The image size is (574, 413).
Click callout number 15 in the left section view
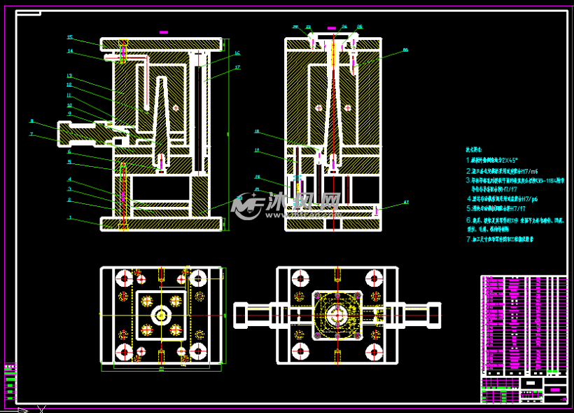[69, 37]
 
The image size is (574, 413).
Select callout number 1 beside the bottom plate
[70, 217]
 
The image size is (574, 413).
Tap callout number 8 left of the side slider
[31, 121]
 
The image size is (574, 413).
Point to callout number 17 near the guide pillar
[237, 67]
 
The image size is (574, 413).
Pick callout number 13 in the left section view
[69, 75]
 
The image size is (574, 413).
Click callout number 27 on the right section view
[406, 203]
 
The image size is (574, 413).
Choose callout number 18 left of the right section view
[257, 131]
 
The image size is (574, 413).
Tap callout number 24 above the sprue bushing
[344, 27]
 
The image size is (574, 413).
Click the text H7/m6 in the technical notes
[527, 171]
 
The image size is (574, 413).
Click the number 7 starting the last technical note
[468, 239]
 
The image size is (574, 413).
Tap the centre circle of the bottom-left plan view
[161, 315]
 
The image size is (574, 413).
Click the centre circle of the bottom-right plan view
[337, 316]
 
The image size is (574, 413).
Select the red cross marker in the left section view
[176, 107]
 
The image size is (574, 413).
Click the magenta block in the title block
[554, 389]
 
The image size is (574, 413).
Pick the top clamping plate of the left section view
[161, 44]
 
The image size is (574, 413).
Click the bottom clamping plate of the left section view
[161, 224]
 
